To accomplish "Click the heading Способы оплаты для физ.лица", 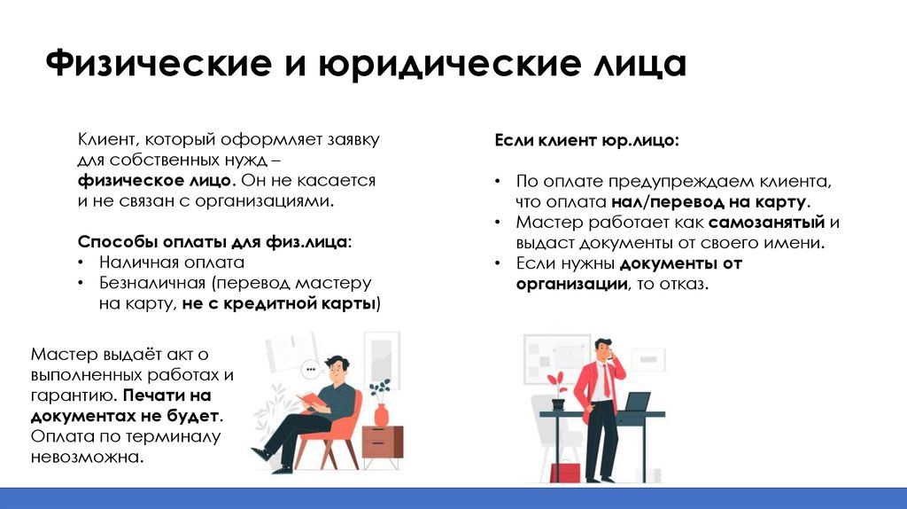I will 213,241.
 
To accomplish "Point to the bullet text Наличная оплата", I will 172,262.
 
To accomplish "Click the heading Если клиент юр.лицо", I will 586,140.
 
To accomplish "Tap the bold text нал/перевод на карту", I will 720,202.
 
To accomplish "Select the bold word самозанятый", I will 766,222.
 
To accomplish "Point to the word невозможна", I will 86,458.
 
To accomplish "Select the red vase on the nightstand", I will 381,414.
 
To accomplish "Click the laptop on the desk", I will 638,403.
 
